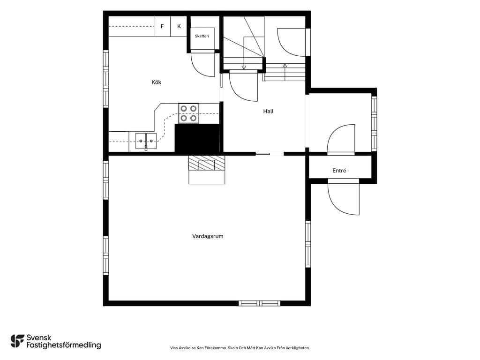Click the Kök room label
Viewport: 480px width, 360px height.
[x=156, y=82]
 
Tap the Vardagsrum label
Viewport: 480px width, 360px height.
[x=208, y=236]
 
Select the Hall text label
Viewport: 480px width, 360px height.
[x=268, y=111]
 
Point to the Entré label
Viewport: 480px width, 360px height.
[x=339, y=171]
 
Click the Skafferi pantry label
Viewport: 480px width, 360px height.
[x=202, y=36]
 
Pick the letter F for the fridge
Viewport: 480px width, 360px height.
[x=162, y=26]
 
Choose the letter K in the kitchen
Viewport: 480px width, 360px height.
[x=179, y=26]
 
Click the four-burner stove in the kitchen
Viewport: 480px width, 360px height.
[x=188, y=113]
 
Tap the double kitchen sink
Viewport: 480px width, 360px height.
[x=146, y=141]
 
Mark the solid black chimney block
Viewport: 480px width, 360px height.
[x=197, y=138]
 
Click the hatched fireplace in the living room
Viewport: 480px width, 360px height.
[x=207, y=163]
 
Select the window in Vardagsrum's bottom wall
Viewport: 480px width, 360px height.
[x=260, y=303]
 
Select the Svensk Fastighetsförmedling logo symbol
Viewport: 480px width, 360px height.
[x=17, y=341]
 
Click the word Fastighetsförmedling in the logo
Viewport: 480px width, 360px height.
[x=64, y=345]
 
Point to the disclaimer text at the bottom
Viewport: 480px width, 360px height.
[x=240, y=348]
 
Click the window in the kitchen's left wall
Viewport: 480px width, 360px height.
[x=105, y=79]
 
